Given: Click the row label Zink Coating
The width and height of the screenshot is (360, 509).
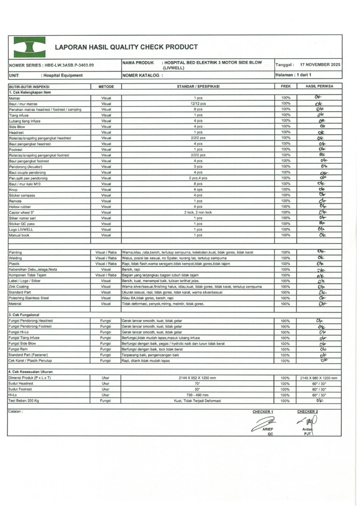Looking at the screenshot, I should (x=20, y=287).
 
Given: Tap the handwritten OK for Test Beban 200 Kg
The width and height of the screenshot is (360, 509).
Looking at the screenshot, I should (x=319, y=400).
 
